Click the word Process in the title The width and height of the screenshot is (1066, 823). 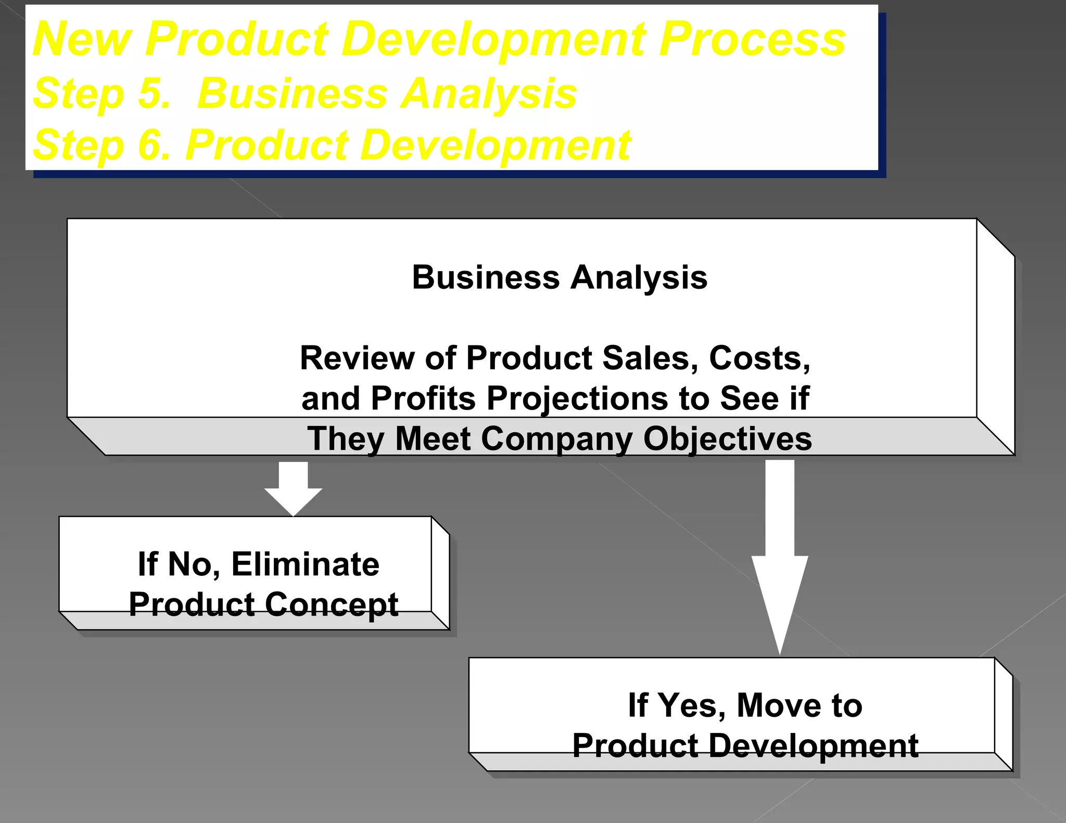(753, 40)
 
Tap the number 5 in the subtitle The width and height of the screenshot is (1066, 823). (154, 94)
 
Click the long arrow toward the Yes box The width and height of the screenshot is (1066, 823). (779, 557)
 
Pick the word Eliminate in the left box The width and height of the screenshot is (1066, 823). (306, 564)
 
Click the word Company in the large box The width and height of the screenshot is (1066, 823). (556, 439)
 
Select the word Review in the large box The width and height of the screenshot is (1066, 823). (357, 358)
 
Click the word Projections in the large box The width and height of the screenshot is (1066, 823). (577, 398)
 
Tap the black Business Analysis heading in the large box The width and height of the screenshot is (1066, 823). (560, 277)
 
